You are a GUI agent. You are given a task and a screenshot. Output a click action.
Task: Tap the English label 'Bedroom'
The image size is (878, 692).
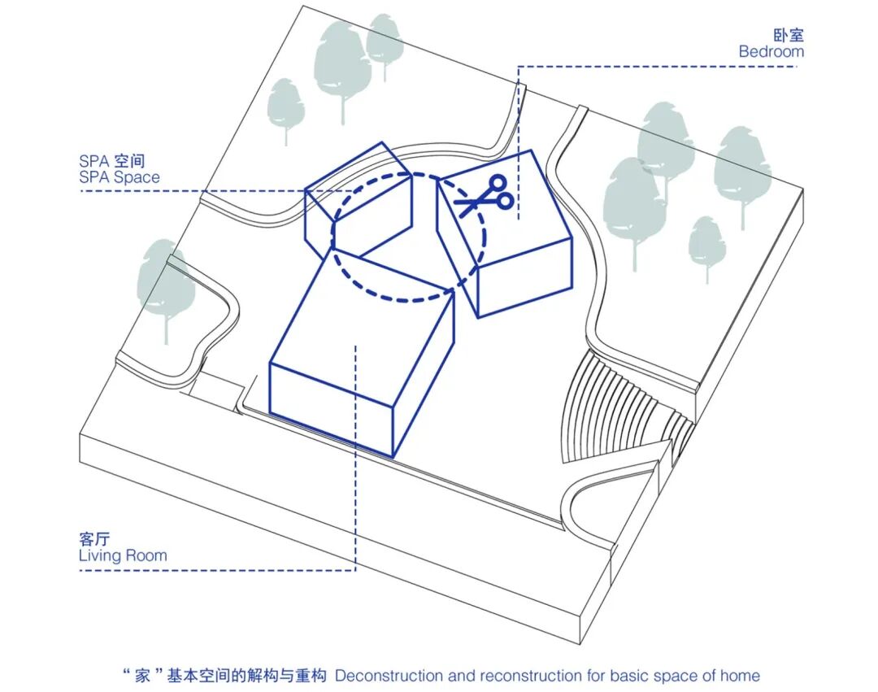click(771, 51)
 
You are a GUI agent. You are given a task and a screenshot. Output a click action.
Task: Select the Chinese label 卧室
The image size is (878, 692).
click(788, 35)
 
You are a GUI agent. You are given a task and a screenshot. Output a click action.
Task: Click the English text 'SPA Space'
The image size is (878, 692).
click(120, 177)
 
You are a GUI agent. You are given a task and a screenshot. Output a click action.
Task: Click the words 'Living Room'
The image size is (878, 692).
click(123, 556)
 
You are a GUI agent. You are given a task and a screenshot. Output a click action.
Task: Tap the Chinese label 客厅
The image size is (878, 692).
click(94, 539)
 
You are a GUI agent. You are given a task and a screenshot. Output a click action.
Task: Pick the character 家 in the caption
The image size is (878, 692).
click(141, 676)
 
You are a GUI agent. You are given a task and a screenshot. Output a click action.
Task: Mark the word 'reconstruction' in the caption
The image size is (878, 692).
click(529, 676)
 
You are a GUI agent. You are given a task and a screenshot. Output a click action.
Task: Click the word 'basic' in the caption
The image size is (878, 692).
click(619, 676)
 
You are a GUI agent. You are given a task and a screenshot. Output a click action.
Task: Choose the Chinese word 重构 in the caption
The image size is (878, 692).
click(312, 676)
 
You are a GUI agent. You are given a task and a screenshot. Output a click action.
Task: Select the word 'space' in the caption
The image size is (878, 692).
click(667, 676)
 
